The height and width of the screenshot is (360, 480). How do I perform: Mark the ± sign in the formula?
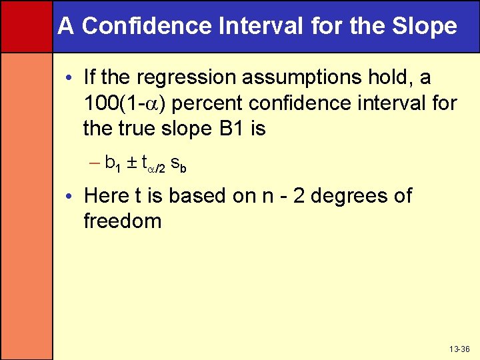pyautogui.click(x=132, y=163)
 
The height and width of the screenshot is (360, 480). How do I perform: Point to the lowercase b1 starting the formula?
pyautogui.click(x=112, y=164)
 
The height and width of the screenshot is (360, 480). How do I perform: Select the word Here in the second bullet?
pyautogui.click(x=106, y=196)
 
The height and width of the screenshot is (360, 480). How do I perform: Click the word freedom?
pyautogui.click(x=122, y=221)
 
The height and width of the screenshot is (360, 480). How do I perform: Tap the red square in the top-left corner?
pyautogui.click(x=26, y=26)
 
